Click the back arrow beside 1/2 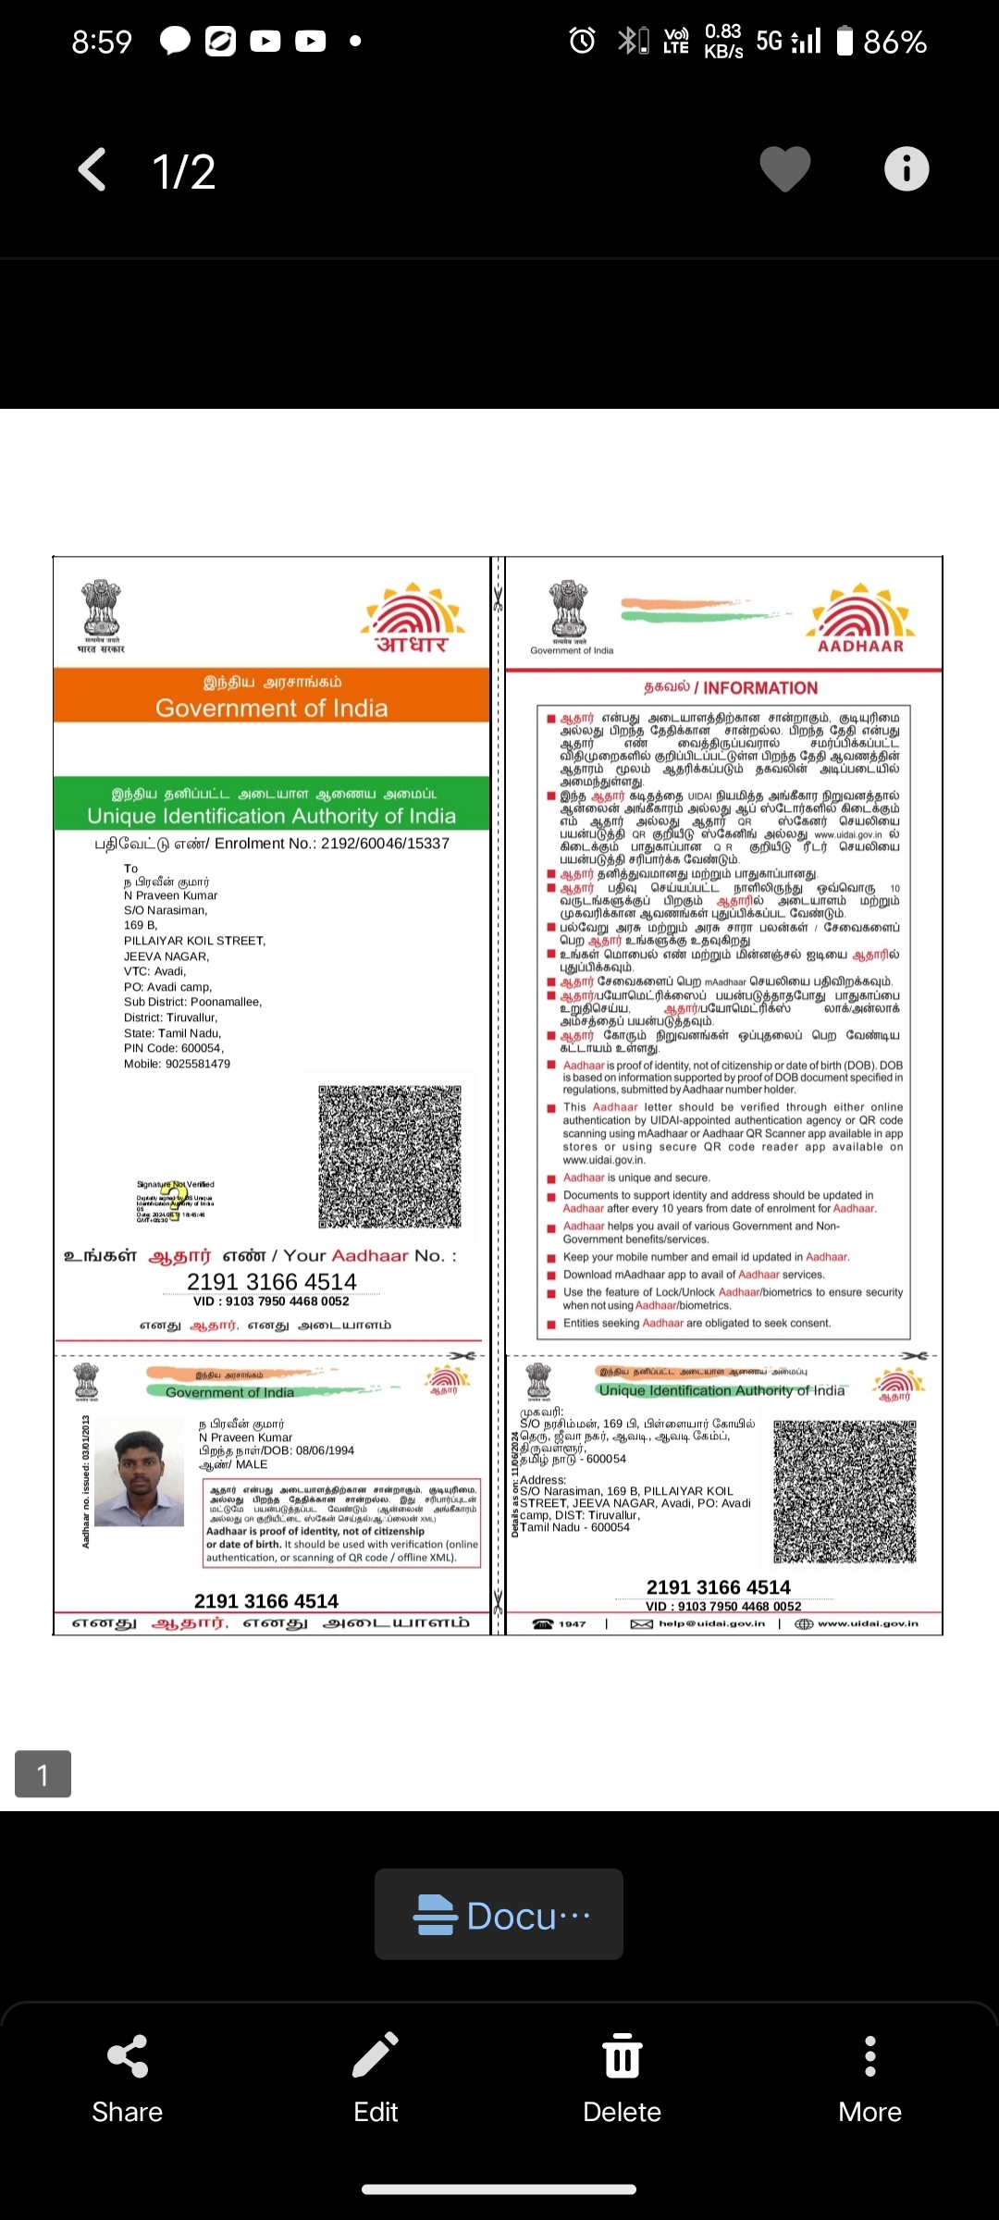[x=92, y=170]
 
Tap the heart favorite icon [x=784, y=169]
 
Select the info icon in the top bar [x=906, y=169]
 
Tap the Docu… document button [x=499, y=1915]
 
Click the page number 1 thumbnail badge [x=43, y=1773]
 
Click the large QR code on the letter [x=389, y=1157]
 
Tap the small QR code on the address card [x=845, y=1491]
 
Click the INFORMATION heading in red [x=731, y=688]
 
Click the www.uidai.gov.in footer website [x=867, y=1623]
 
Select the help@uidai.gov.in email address [x=710, y=1623]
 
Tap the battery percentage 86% [x=894, y=42]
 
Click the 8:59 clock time [x=102, y=42]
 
